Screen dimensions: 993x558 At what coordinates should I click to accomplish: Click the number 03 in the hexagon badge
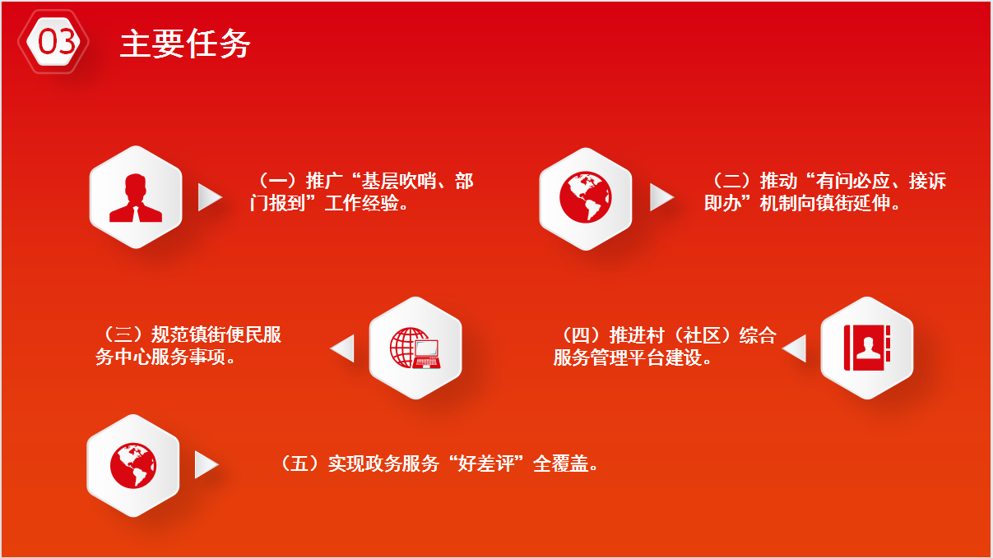(56, 42)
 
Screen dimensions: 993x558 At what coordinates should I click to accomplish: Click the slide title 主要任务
(185, 44)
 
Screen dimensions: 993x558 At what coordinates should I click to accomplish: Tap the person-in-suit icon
(136, 198)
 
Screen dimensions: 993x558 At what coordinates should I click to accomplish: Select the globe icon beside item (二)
(585, 197)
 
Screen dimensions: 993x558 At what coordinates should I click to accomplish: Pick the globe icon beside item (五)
(133, 466)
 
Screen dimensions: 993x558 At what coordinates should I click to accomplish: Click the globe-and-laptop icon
(415, 348)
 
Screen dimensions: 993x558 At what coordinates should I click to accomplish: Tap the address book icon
(867, 348)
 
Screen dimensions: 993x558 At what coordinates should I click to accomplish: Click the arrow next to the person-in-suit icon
(209, 197)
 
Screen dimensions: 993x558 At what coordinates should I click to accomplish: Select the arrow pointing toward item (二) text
(661, 197)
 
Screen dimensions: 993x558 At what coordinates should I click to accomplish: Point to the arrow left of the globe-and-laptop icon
(343, 348)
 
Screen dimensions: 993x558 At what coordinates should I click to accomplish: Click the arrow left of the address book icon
(795, 348)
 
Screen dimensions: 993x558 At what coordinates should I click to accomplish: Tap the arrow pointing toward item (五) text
(206, 464)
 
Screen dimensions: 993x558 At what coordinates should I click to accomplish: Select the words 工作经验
(361, 203)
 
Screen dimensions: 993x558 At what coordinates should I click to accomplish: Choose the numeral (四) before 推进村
(581, 334)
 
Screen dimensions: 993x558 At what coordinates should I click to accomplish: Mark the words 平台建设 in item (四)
(665, 357)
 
